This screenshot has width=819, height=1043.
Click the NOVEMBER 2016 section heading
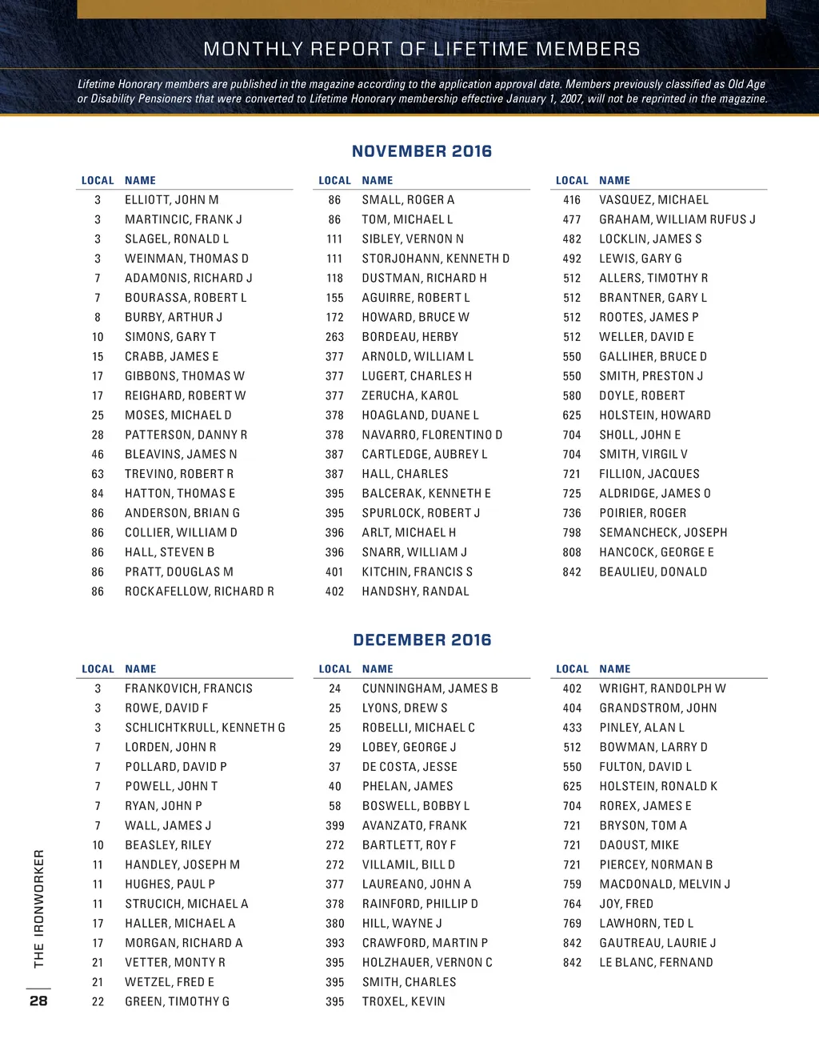click(x=421, y=151)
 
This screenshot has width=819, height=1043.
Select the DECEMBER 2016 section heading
click(x=421, y=640)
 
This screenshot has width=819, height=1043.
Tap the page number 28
click(x=38, y=1001)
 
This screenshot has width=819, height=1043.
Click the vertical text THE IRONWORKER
click(x=38, y=908)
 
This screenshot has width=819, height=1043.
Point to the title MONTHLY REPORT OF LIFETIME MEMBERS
click(x=421, y=49)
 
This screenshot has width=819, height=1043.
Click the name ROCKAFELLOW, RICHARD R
click(x=199, y=592)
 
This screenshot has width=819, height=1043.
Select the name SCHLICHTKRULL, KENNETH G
click(x=205, y=728)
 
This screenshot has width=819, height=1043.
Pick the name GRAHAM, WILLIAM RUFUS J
click(x=677, y=219)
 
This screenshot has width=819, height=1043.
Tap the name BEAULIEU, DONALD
click(x=653, y=572)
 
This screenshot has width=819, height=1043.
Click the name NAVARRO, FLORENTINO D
click(x=432, y=435)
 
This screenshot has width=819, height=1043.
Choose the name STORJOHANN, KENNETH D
click(x=435, y=259)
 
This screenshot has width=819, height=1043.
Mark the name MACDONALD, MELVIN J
click(x=665, y=885)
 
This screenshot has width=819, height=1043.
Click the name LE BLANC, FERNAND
click(x=656, y=962)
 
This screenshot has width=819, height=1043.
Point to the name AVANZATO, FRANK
click(x=414, y=825)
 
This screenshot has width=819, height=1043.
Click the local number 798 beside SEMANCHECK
click(x=572, y=532)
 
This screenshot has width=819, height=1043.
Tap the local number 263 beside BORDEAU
click(x=334, y=337)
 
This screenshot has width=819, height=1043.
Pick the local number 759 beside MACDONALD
click(x=572, y=885)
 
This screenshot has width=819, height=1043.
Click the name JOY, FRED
click(x=626, y=904)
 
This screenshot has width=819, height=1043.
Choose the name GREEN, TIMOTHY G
click(x=177, y=1001)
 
